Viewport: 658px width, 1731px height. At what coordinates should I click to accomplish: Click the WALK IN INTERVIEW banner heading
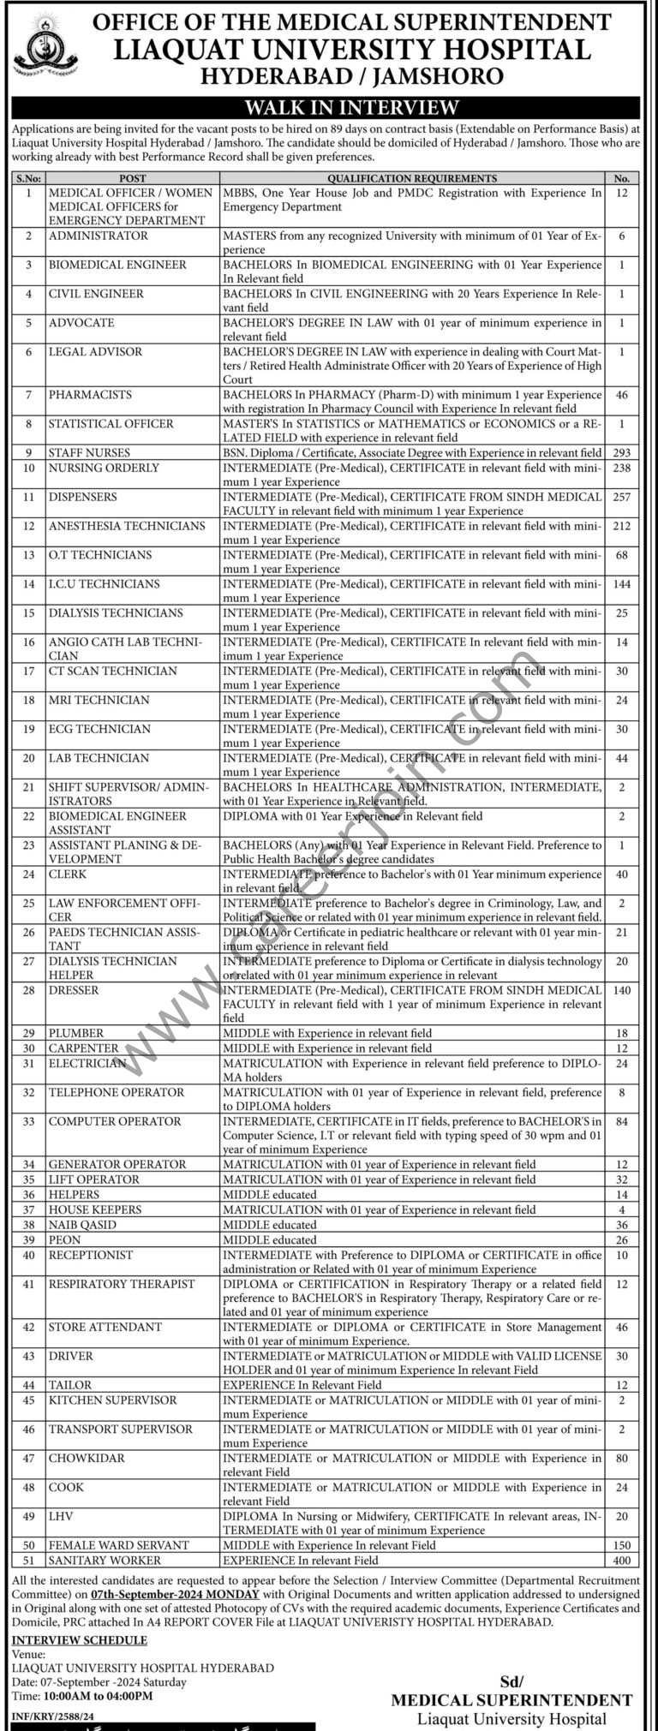(328, 108)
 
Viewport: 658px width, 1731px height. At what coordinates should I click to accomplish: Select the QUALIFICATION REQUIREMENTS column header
(411, 178)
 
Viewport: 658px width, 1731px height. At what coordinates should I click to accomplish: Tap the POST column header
(133, 178)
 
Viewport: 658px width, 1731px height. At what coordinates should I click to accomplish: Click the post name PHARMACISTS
(90, 395)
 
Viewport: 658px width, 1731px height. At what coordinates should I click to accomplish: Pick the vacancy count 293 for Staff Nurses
(622, 453)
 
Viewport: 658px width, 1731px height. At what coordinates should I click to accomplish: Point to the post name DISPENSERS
(83, 497)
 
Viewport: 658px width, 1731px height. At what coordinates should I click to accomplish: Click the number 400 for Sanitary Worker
(622, 1561)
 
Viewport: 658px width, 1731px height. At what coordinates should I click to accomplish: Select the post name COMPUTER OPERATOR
(115, 1121)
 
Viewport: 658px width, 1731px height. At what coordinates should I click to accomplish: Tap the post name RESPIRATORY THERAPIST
(122, 1284)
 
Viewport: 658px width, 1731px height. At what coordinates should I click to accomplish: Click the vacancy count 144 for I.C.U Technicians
(622, 584)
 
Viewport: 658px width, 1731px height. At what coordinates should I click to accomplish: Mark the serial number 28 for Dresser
(29, 991)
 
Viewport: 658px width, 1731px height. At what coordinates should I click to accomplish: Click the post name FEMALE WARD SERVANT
(119, 1545)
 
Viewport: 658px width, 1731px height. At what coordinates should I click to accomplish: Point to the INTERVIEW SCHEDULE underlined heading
(80, 1640)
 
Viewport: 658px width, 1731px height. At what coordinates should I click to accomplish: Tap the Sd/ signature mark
(511, 1658)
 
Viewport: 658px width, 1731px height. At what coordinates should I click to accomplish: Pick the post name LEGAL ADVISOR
(95, 352)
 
